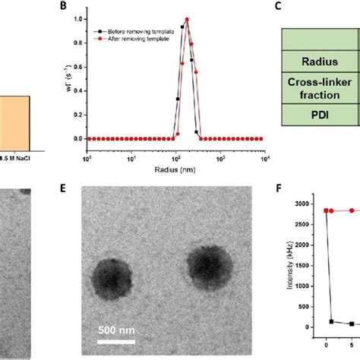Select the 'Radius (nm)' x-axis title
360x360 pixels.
[x=174, y=161]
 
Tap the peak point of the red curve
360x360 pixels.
[x=187, y=20]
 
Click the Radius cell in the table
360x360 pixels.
[x=319, y=60]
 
